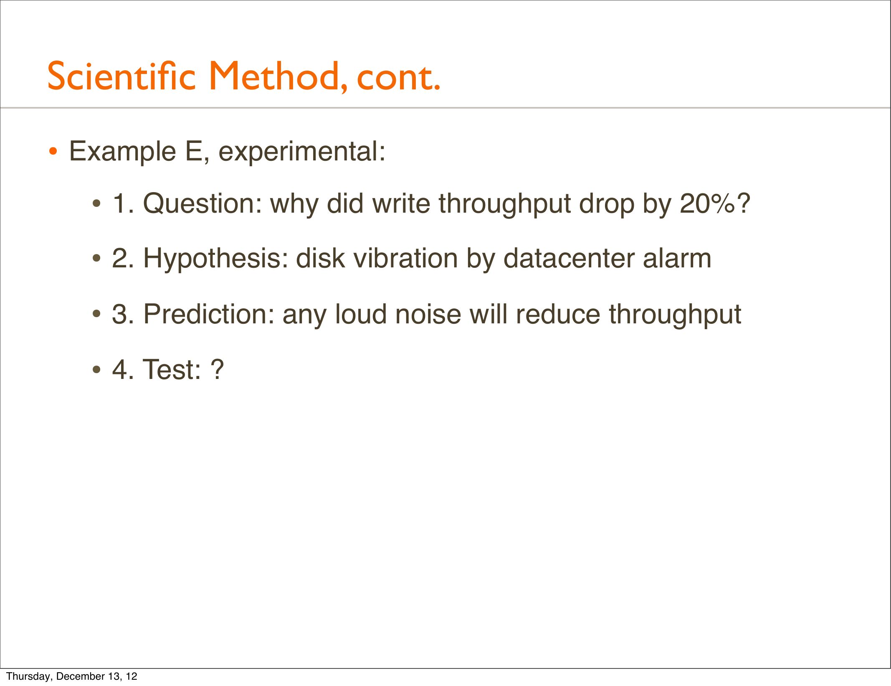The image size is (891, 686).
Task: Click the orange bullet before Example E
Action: click(x=53, y=151)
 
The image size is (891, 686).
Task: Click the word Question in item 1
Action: click(x=202, y=204)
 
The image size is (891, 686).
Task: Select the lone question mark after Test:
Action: click(x=217, y=369)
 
